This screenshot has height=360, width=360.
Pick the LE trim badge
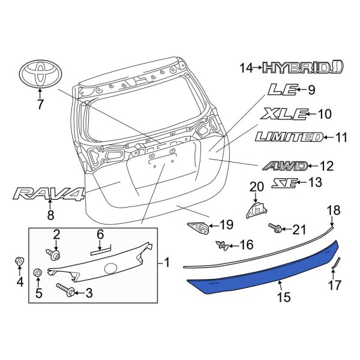(282, 91)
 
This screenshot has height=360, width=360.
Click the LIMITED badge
(288, 137)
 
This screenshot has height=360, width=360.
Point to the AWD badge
(284, 166)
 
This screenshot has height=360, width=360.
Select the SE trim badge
(286, 183)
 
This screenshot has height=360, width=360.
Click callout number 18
(332, 209)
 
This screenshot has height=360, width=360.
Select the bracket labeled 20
(257, 210)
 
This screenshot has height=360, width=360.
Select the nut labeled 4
(18, 262)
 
